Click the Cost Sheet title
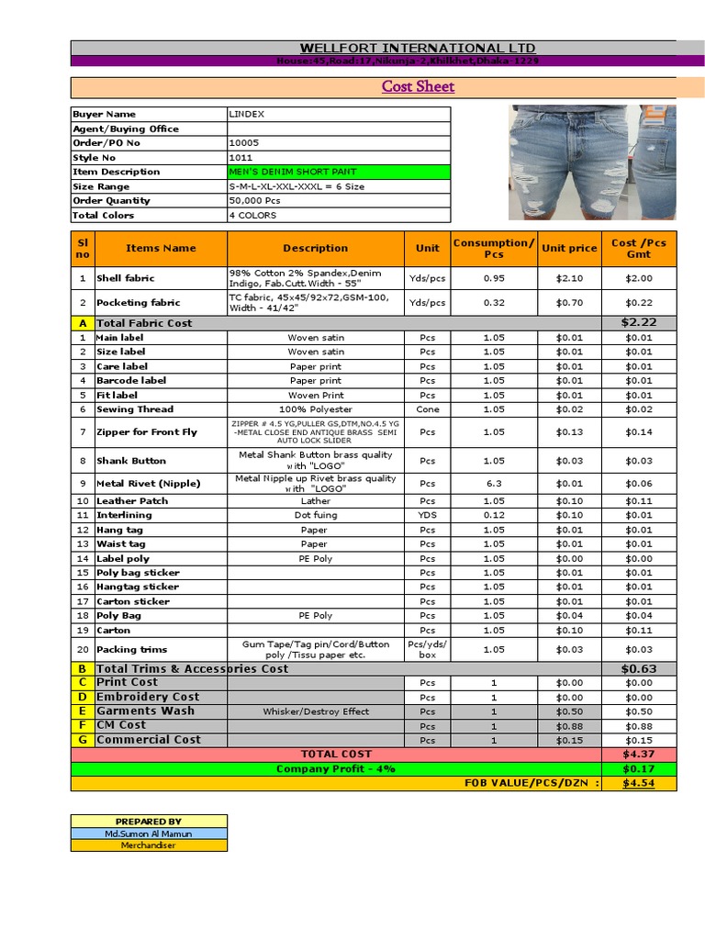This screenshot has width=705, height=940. pyautogui.click(x=418, y=87)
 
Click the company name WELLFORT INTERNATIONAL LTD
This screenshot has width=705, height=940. pyautogui.click(x=418, y=48)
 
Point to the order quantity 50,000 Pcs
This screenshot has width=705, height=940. pyautogui.click(x=254, y=200)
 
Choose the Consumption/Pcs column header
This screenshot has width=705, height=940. pyautogui.click(x=493, y=248)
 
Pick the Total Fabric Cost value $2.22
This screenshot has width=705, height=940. pyautogui.click(x=638, y=322)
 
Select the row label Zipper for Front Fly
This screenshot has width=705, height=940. pyautogui.click(x=147, y=431)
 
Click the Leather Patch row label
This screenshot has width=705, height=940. pyautogui.click(x=133, y=501)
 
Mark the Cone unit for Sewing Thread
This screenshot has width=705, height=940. pyautogui.click(x=427, y=409)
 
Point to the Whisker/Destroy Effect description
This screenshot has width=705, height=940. pyautogui.click(x=316, y=711)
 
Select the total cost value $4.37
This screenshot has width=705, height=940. pyautogui.click(x=638, y=754)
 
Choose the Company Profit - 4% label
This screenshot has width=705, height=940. pyautogui.click(x=336, y=769)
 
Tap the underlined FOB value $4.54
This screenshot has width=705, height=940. pyautogui.click(x=638, y=784)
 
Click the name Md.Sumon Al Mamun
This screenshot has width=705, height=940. pyautogui.click(x=149, y=834)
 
